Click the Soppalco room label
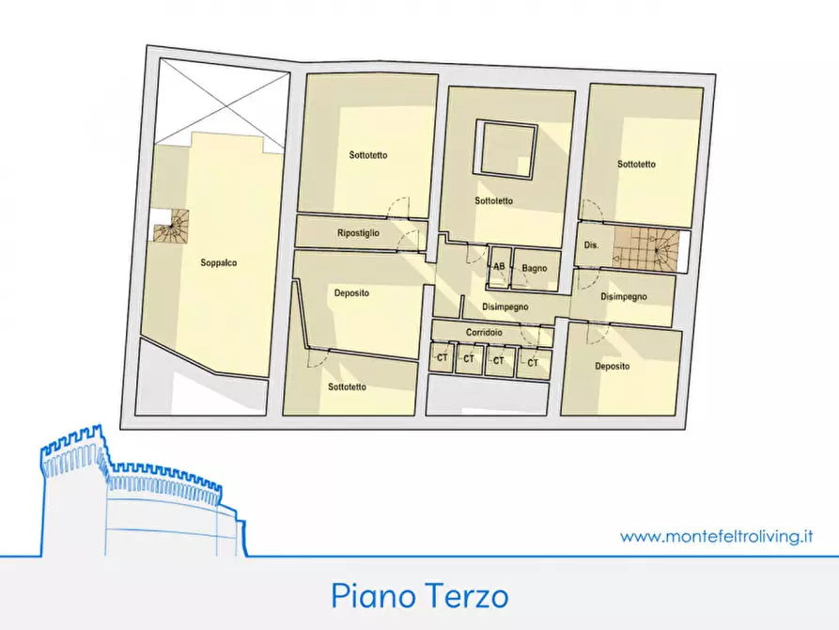pyautogui.click(x=219, y=263)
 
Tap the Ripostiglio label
pyautogui.click(x=358, y=233)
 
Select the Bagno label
pyautogui.click(x=535, y=268)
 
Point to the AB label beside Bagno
pyautogui.click(x=499, y=267)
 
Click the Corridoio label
pyautogui.click(x=484, y=333)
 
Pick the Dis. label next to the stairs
pyautogui.click(x=591, y=244)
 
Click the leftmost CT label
pyautogui.click(x=442, y=359)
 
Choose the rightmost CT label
pyautogui.click(x=532, y=362)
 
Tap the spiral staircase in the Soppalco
pyautogui.click(x=172, y=227)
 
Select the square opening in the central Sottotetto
pyautogui.click(x=506, y=149)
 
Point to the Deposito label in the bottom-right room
pyautogui.click(x=612, y=367)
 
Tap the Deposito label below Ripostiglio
pyautogui.click(x=351, y=293)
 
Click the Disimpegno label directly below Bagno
pyautogui.click(x=505, y=307)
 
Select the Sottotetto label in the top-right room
pyautogui.click(x=636, y=164)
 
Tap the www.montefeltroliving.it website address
pyautogui.click(x=716, y=537)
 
